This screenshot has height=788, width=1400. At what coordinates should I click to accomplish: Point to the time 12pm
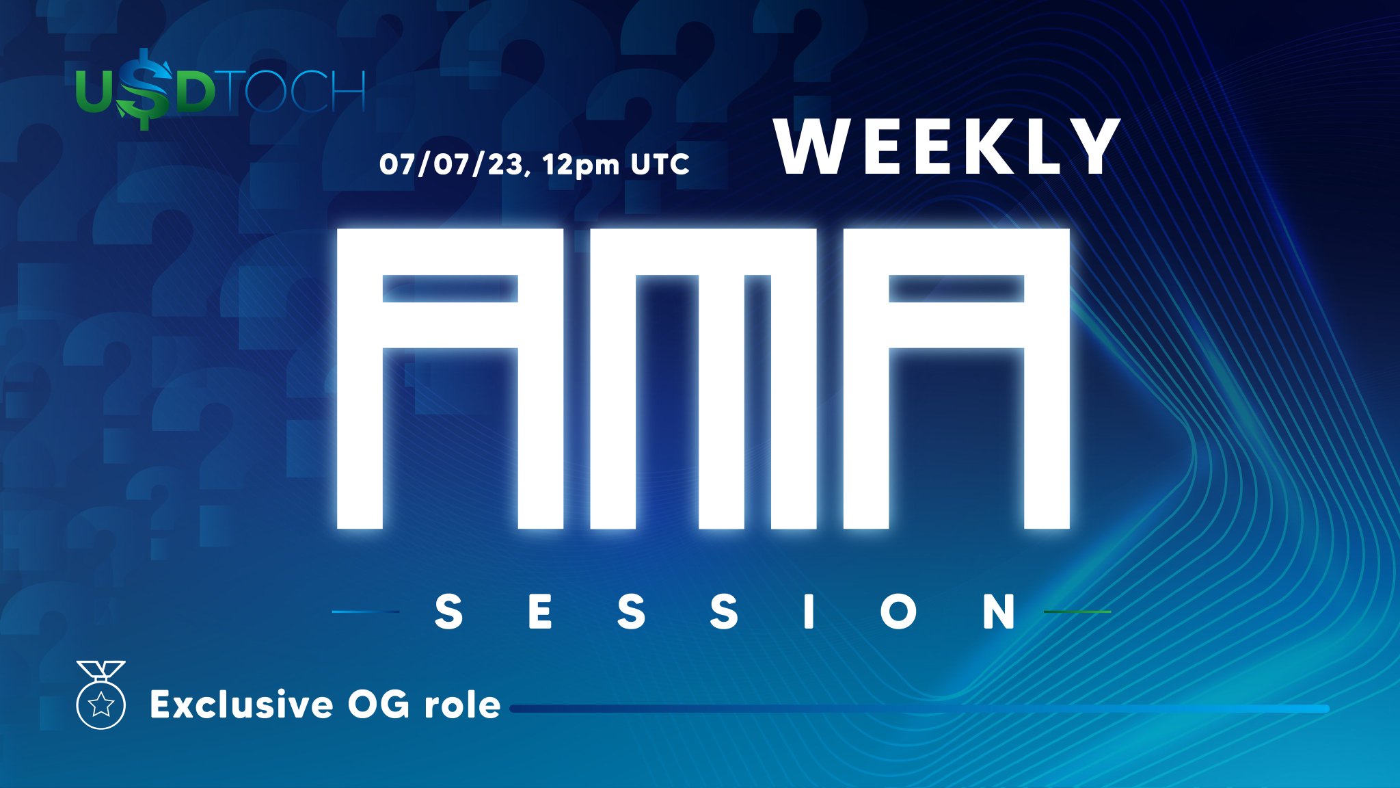[581, 165]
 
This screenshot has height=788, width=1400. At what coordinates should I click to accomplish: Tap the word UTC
[660, 164]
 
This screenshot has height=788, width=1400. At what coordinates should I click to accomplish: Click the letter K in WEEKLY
[989, 146]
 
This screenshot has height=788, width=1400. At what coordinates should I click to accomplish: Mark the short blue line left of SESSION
[366, 612]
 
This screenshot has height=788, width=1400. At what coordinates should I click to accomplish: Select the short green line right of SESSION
[1077, 612]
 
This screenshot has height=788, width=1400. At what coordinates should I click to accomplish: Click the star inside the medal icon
[101, 704]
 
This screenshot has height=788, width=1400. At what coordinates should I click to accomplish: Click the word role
[462, 705]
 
